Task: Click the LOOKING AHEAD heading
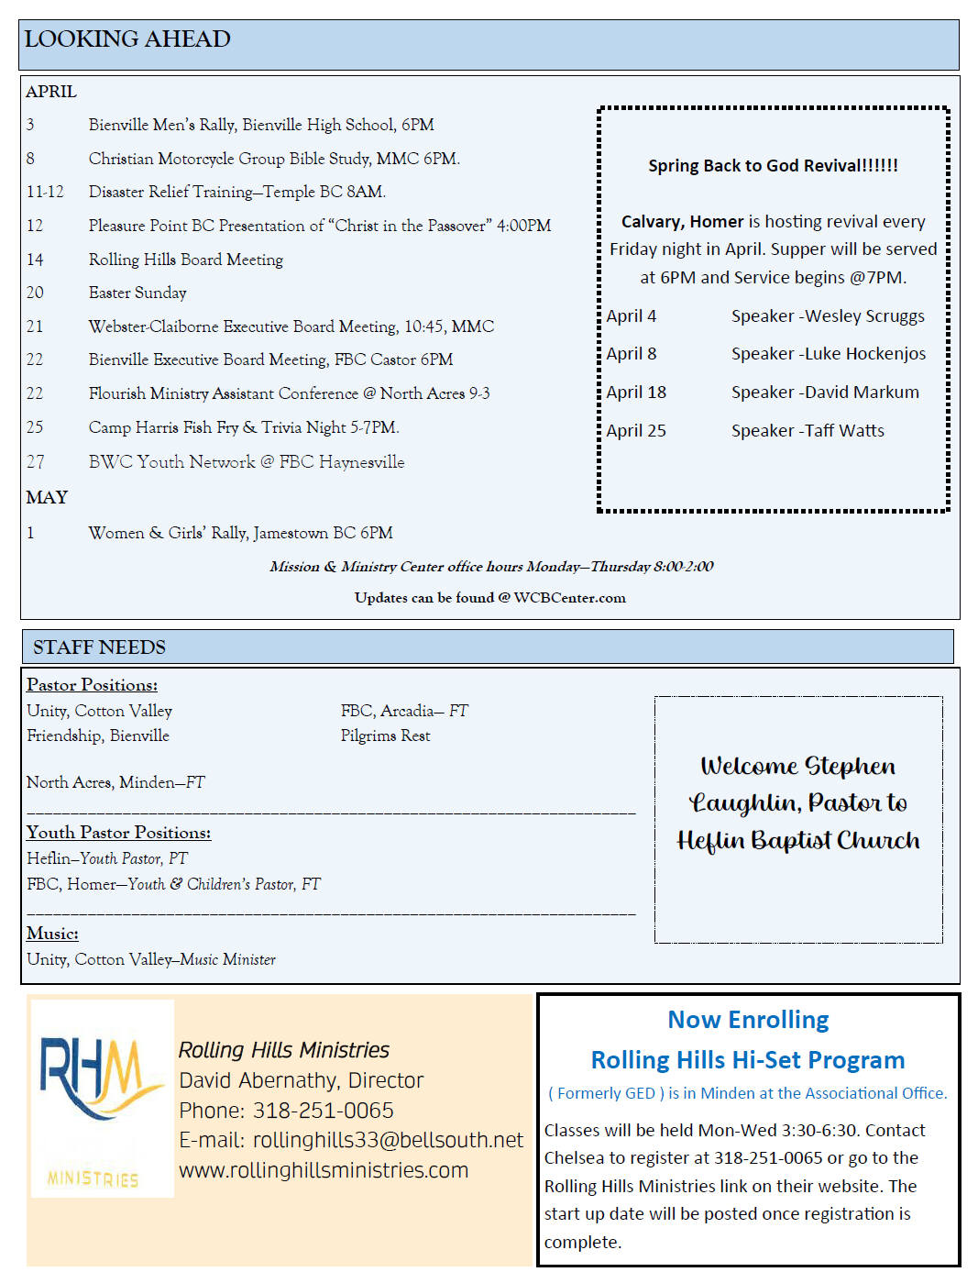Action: tap(127, 39)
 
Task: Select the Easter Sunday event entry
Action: tap(137, 293)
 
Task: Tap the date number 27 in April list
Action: tap(35, 462)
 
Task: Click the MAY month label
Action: tap(47, 497)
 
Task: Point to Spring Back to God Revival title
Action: tap(773, 166)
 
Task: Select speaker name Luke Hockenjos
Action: tap(865, 354)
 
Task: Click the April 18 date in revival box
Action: tap(636, 393)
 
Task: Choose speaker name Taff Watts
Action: tap(844, 431)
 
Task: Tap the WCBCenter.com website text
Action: tap(569, 598)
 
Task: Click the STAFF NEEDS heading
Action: tap(99, 647)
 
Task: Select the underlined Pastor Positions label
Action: tap(92, 685)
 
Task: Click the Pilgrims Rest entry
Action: tap(385, 736)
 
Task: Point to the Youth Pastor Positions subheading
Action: tap(118, 833)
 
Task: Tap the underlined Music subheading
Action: tap(52, 934)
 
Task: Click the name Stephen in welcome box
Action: tap(850, 766)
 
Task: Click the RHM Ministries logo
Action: tap(101, 1098)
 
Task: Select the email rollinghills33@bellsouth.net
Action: tap(388, 1140)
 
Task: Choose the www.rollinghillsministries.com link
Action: tap(324, 1170)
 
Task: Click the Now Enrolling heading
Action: tap(748, 1020)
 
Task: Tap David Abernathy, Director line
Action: tap(301, 1080)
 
